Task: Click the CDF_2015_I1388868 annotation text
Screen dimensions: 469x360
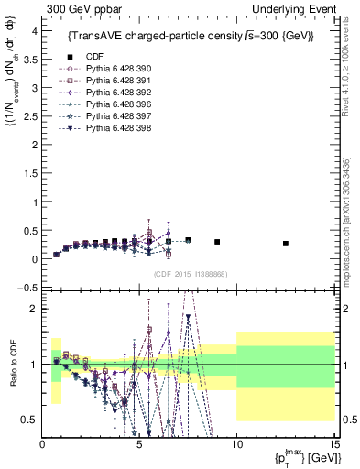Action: click(x=191, y=274)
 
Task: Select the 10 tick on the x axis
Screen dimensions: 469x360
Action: click(x=236, y=445)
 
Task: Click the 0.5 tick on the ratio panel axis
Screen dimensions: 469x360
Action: click(x=31, y=420)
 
